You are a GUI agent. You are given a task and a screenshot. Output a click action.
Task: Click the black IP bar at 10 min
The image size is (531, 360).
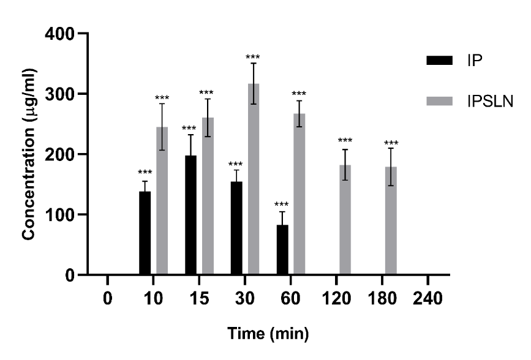coord(145,233)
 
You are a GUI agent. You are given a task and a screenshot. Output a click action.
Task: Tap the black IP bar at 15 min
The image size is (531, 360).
coord(190,215)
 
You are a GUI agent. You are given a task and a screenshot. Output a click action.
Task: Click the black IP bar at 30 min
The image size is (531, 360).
coord(236,228)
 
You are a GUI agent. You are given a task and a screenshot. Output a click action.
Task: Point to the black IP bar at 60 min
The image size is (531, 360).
coord(282,250)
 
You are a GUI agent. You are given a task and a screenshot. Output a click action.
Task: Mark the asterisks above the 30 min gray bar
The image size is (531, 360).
coord(253,58)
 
